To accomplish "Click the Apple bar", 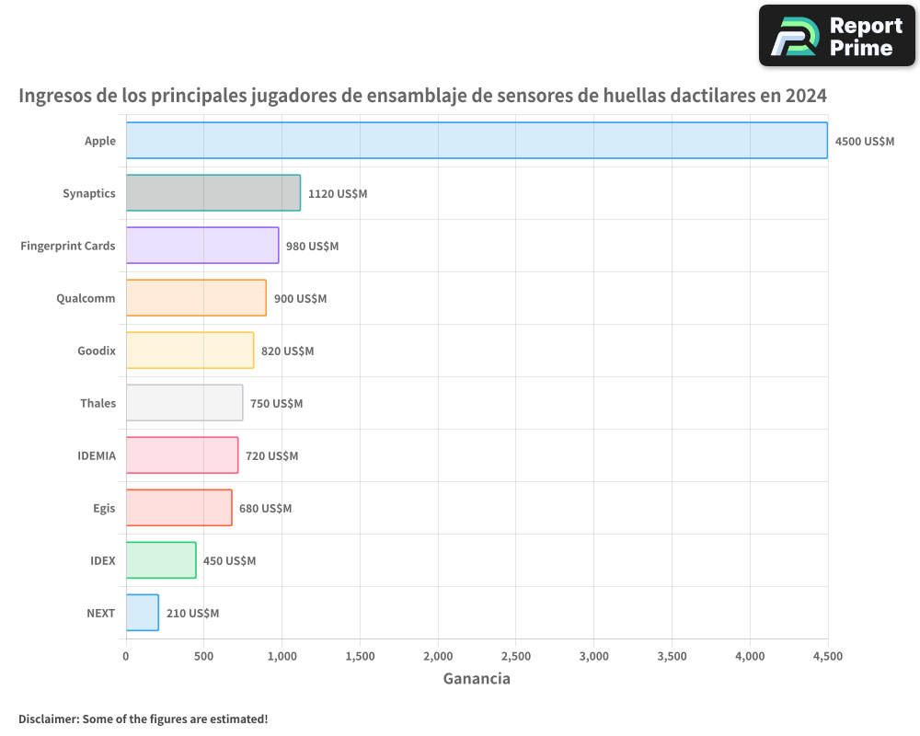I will (x=477, y=141).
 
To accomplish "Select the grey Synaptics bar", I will (x=213, y=193).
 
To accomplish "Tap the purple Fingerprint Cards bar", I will (x=202, y=246).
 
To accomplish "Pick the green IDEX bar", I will (x=161, y=560).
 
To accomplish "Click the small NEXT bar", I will (x=143, y=613).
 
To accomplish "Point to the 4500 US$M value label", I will (x=864, y=142).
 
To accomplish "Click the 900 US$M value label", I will (x=300, y=299).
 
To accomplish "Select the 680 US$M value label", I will (x=265, y=509).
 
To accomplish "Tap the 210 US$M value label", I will (x=192, y=614).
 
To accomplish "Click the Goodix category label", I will (x=97, y=351).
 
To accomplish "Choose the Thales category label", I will (x=98, y=403).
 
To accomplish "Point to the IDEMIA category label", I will (x=97, y=455).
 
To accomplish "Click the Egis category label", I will (x=104, y=508).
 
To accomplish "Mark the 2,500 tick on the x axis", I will (x=516, y=656).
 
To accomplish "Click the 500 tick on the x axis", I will (x=204, y=656).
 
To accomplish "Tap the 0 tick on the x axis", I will (x=126, y=656).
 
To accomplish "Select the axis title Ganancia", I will (x=477, y=679).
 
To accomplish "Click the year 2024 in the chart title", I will (x=805, y=96).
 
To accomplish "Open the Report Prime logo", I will (x=837, y=36).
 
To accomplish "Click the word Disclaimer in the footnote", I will (x=48, y=719).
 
